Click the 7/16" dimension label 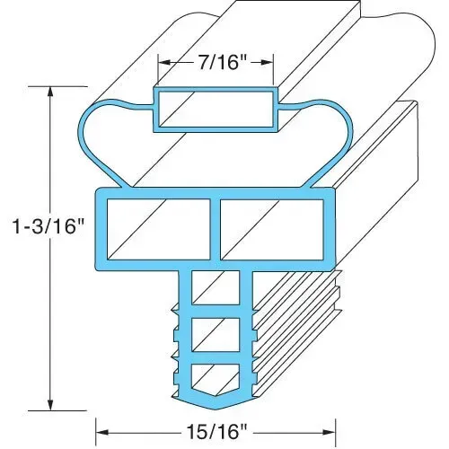coord(216,63)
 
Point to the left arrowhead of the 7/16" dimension coord(164,63)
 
